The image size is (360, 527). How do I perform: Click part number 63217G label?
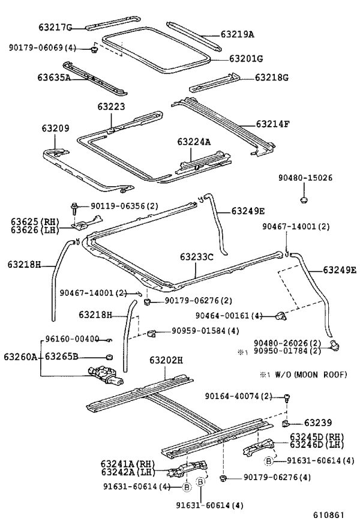click(55, 27)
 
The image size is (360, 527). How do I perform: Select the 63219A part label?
click(238, 34)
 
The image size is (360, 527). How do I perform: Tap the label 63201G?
click(246, 58)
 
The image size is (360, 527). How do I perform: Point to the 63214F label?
click(272, 124)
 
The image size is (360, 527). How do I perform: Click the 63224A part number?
click(194, 142)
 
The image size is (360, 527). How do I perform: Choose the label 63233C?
click(197, 257)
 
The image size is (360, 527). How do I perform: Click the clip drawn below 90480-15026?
click(304, 200)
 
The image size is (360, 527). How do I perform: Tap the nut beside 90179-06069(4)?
click(94, 50)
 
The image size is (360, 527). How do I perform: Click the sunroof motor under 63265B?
click(106, 375)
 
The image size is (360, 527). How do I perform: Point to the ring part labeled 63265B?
click(109, 357)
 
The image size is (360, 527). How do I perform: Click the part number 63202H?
click(166, 360)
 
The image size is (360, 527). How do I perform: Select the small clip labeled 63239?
click(286, 424)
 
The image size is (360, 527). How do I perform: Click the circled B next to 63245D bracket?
click(269, 461)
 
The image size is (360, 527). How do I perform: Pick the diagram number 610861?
click(329, 515)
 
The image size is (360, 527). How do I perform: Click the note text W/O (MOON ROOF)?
click(311, 375)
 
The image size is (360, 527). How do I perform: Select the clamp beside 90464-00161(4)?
click(281, 316)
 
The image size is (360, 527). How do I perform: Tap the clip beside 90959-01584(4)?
click(151, 333)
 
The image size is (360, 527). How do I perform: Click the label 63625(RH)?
click(35, 221)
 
